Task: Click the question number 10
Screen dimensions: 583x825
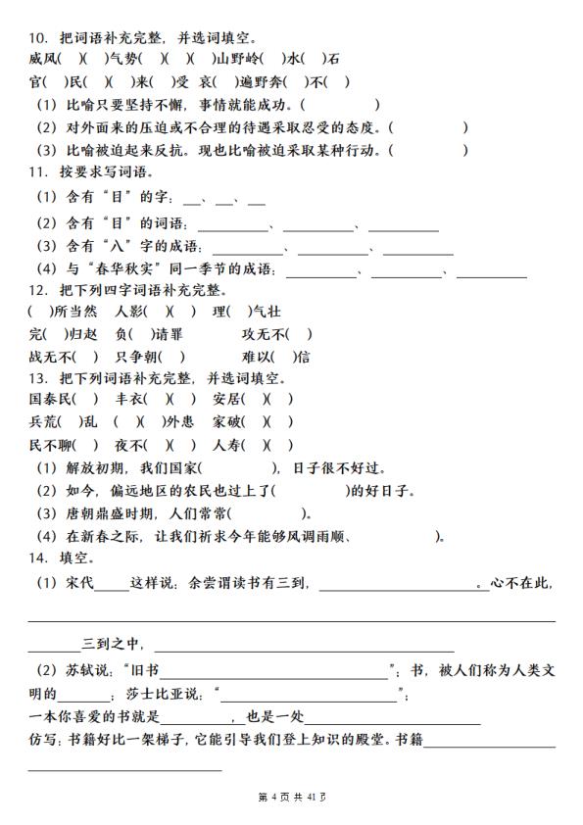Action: [39, 38]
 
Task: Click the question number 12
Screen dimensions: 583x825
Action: [39, 291]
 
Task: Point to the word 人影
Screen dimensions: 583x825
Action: [128, 313]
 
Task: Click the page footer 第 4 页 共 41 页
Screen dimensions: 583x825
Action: [291, 797]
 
